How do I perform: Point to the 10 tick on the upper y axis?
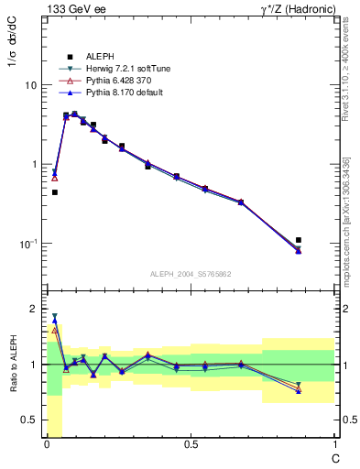point(30,85)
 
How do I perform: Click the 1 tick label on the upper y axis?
point(33,165)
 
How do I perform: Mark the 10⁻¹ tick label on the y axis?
point(28,244)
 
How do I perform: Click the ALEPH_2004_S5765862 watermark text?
point(191,274)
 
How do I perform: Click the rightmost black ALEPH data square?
point(299,240)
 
